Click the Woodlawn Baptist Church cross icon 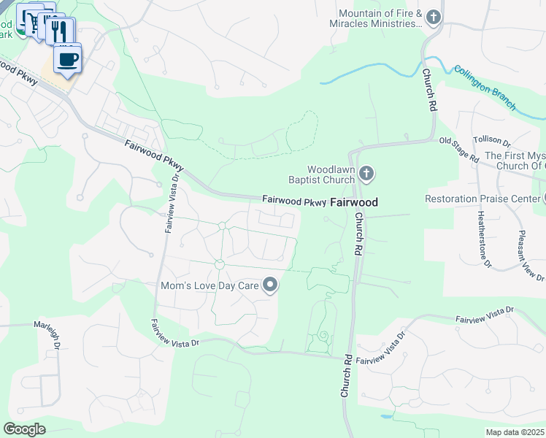(x=366, y=174)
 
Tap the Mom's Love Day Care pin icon (x=271, y=285)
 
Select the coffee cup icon (x=68, y=59)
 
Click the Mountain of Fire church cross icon (x=434, y=17)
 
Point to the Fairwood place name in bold (x=354, y=202)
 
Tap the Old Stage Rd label (x=458, y=149)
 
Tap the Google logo (x=24, y=429)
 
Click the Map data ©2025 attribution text (x=515, y=432)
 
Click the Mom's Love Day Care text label (x=210, y=285)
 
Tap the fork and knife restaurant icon (x=59, y=31)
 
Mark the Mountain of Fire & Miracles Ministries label (x=380, y=19)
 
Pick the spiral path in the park (x=321, y=337)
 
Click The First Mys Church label (x=515, y=161)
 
